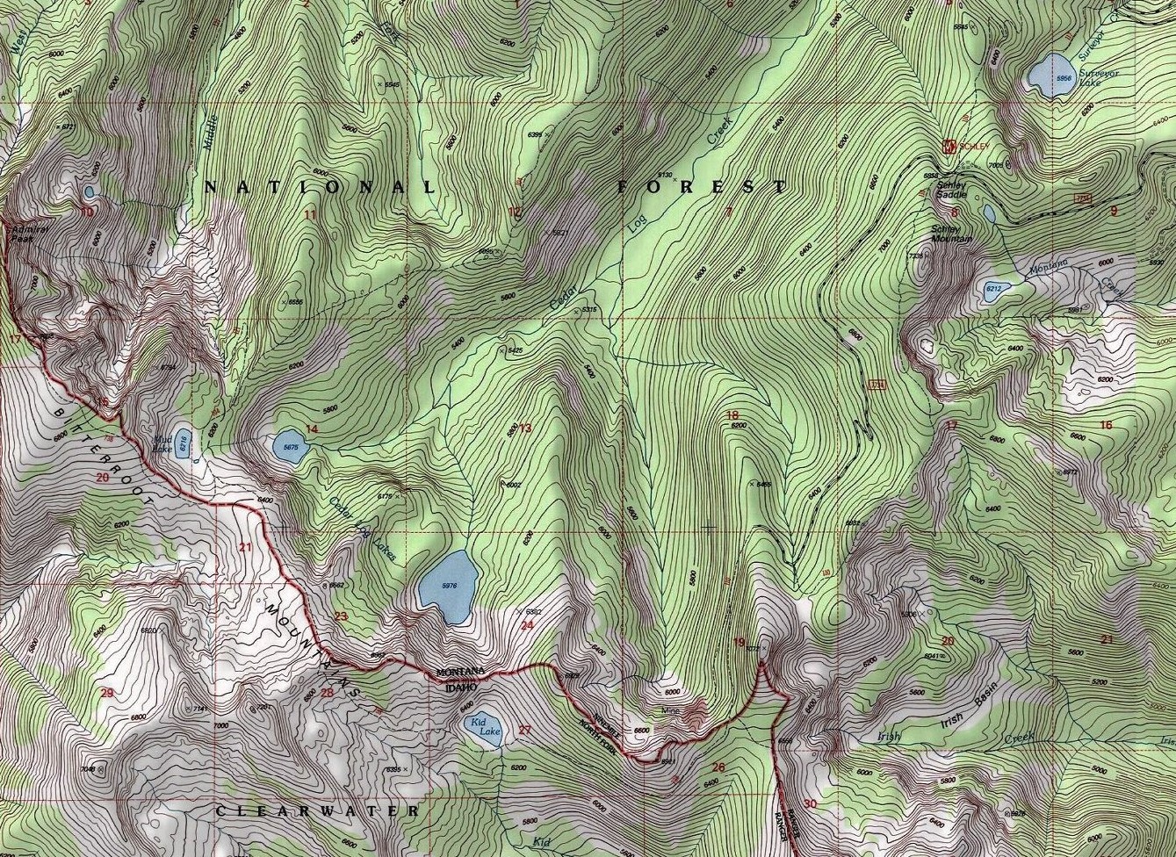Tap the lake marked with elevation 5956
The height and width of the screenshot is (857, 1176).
(1050, 76)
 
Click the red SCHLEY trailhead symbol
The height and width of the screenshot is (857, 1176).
(949, 146)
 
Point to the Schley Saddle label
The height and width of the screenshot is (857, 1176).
(950, 190)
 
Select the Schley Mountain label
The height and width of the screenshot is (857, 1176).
(951, 234)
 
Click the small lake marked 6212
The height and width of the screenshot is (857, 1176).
(994, 291)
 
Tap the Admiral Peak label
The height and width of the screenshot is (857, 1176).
(24, 234)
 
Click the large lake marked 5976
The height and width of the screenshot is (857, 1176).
(449, 586)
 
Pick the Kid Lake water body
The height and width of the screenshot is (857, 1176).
(482, 729)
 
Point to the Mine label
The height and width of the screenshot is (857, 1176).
(672, 711)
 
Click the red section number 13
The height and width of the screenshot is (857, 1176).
(525, 428)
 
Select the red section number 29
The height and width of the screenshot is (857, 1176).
(107, 693)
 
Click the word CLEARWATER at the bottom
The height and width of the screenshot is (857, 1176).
(317, 810)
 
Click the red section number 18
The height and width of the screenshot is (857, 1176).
(732, 414)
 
